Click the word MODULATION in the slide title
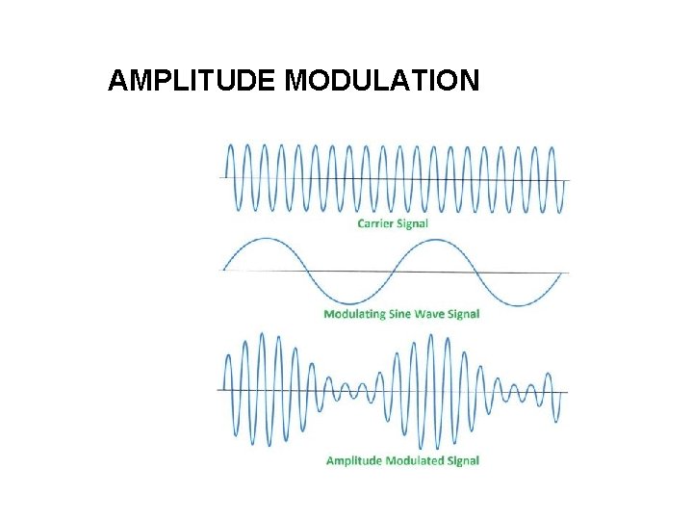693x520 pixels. (382, 80)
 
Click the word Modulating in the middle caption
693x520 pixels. (357, 314)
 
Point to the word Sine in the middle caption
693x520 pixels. (405, 314)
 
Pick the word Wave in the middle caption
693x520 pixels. (434, 314)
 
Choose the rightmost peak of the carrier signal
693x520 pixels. (551, 146)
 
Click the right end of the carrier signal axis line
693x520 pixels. (569, 181)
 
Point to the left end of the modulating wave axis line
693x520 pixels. (222, 270)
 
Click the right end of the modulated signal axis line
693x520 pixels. (568, 392)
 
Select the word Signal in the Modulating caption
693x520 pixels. (464, 314)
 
